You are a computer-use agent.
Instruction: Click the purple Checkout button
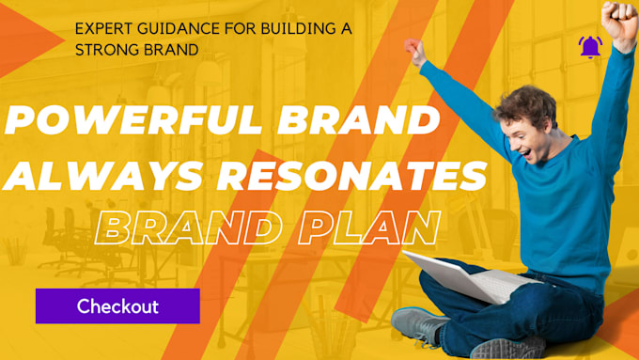[117, 306]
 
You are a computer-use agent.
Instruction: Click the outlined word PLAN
[375, 227]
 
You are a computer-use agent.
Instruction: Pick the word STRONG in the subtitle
[105, 50]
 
